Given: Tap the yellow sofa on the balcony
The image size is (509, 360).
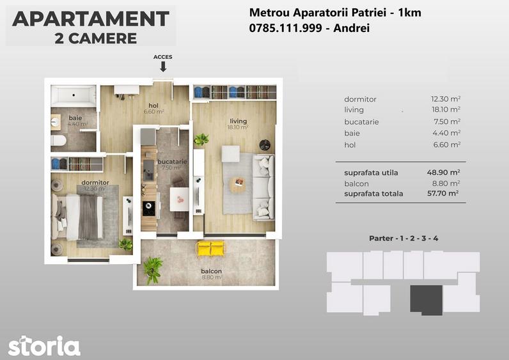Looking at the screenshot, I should (211, 248).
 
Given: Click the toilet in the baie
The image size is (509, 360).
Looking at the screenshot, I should (58, 140).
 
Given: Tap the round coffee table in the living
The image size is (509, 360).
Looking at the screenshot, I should (237, 185).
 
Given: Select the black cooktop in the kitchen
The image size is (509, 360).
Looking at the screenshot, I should (148, 207).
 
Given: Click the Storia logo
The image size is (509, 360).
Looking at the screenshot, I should (44, 346).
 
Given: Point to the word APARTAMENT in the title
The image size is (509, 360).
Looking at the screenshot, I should (90, 19).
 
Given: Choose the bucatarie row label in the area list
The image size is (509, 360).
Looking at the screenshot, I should (361, 121).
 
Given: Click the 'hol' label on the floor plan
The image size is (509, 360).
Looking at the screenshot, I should (153, 106).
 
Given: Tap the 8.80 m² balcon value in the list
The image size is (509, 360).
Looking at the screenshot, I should (448, 183).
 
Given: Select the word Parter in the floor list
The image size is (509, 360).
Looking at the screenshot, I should (381, 239).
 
